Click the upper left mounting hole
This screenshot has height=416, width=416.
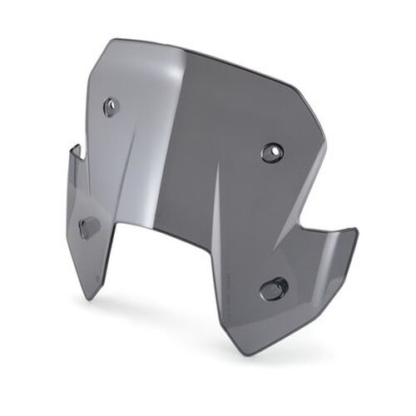[111, 106]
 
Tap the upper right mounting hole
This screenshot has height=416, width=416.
[272, 152]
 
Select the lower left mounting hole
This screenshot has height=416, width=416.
[88, 226]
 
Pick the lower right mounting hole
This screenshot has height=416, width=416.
[273, 289]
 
